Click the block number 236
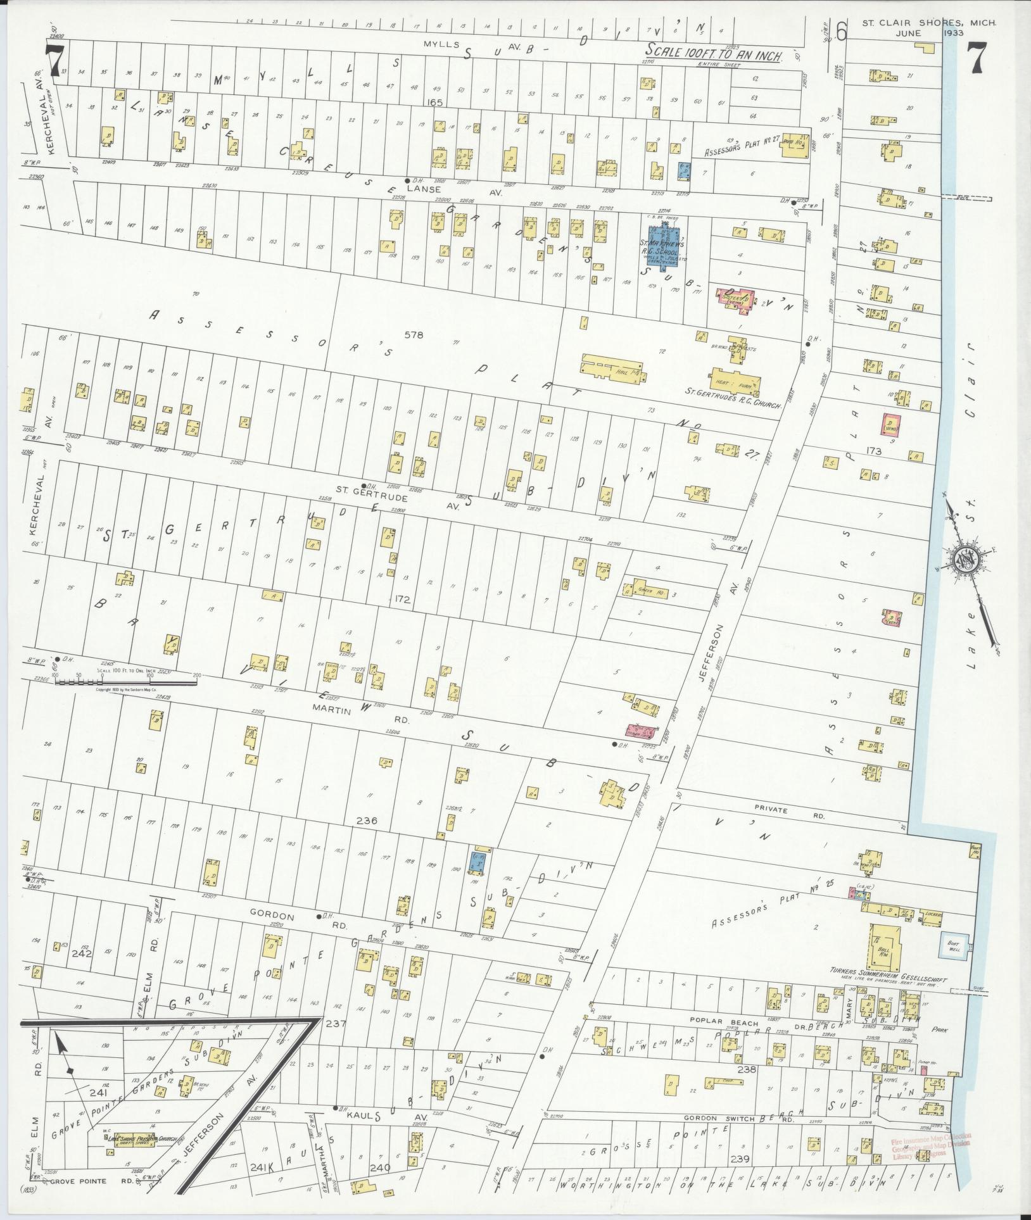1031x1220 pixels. pyautogui.click(x=367, y=821)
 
